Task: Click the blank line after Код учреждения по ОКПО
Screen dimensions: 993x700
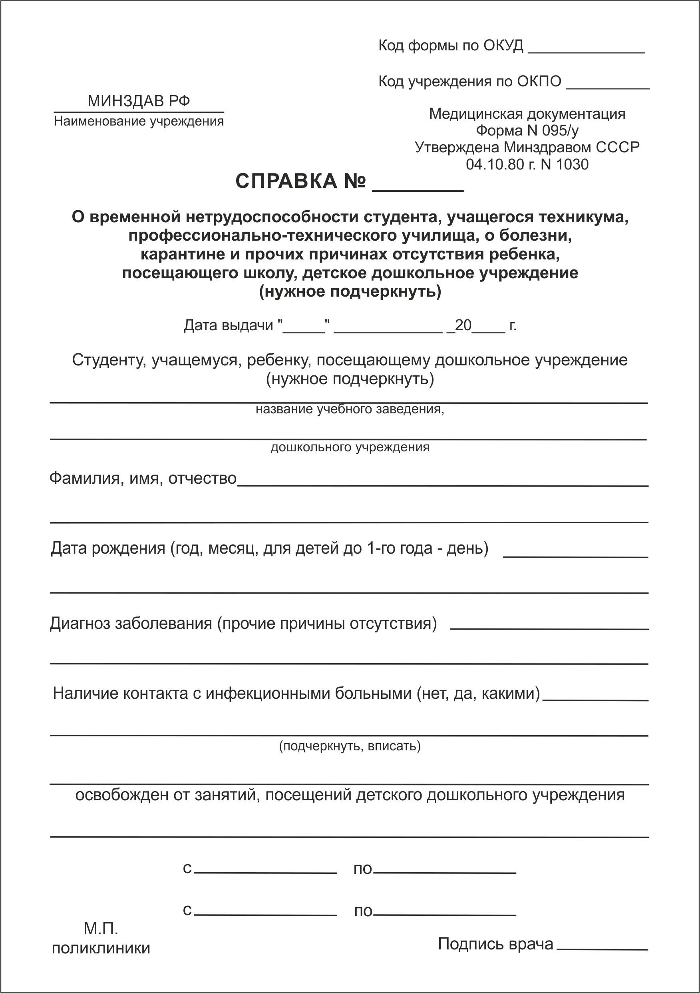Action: pyautogui.click(x=607, y=88)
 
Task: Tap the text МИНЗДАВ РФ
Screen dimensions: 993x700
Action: pyautogui.click(x=139, y=101)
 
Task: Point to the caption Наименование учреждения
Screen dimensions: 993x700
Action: pyautogui.click(x=139, y=122)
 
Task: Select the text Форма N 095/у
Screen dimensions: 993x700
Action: pyautogui.click(x=527, y=130)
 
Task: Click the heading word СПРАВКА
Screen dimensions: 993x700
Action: pyautogui.click(x=286, y=181)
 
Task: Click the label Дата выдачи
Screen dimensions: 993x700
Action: pyautogui.click(x=228, y=325)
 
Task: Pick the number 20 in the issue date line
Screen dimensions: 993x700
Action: pyautogui.click(x=463, y=325)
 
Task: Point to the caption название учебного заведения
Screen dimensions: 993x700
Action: pyautogui.click(x=349, y=409)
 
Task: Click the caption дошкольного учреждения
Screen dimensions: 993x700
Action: pyautogui.click(x=350, y=447)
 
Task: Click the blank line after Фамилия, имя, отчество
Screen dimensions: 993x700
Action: pyautogui.click(x=443, y=485)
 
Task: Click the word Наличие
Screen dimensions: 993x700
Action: pyautogui.click(x=85, y=694)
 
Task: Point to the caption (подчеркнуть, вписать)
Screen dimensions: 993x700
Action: pyautogui.click(x=350, y=746)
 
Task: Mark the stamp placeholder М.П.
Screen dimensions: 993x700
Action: pyautogui.click(x=101, y=928)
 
